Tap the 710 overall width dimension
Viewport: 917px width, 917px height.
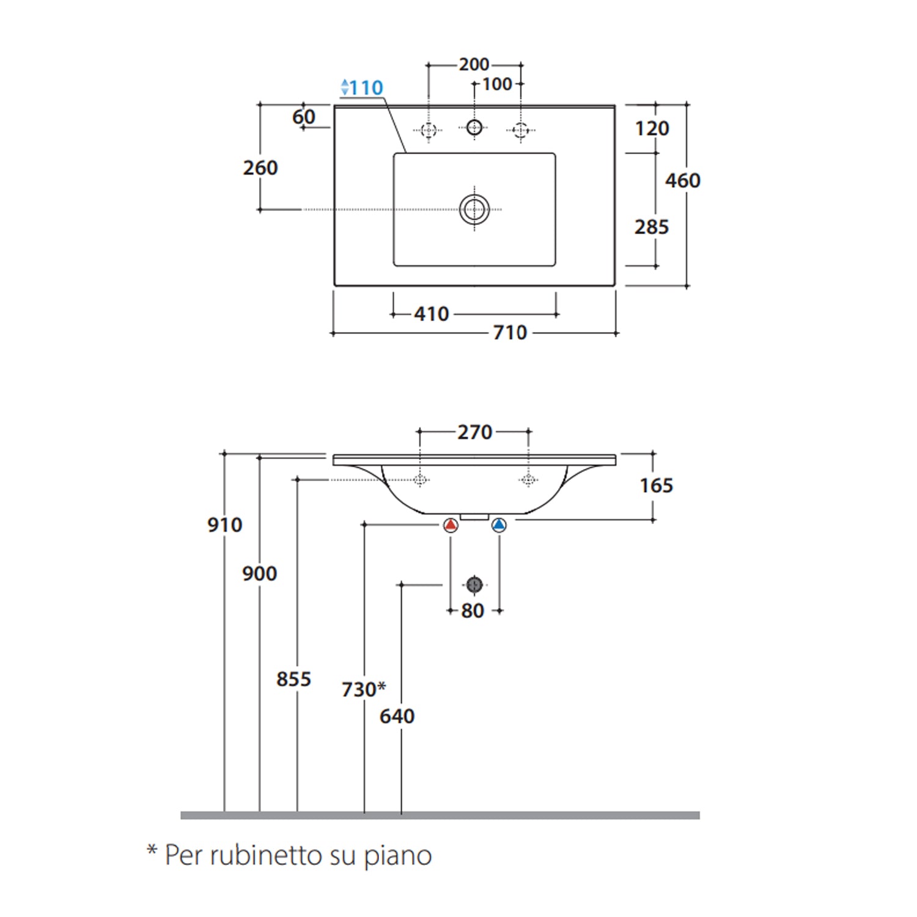tap(510, 333)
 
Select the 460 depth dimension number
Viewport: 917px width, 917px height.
tap(683, 180)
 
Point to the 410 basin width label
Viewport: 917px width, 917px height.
tap(432, 314)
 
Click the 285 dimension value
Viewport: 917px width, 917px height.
tap(652, 227)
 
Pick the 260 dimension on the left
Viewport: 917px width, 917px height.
tap(260, 168)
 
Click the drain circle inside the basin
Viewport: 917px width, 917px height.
tap(474, 209)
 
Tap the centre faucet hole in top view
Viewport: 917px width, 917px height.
tap(474, 127)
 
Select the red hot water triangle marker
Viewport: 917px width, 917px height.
tap(451, 525)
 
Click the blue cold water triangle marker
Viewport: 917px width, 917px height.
tap(499, 525)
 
